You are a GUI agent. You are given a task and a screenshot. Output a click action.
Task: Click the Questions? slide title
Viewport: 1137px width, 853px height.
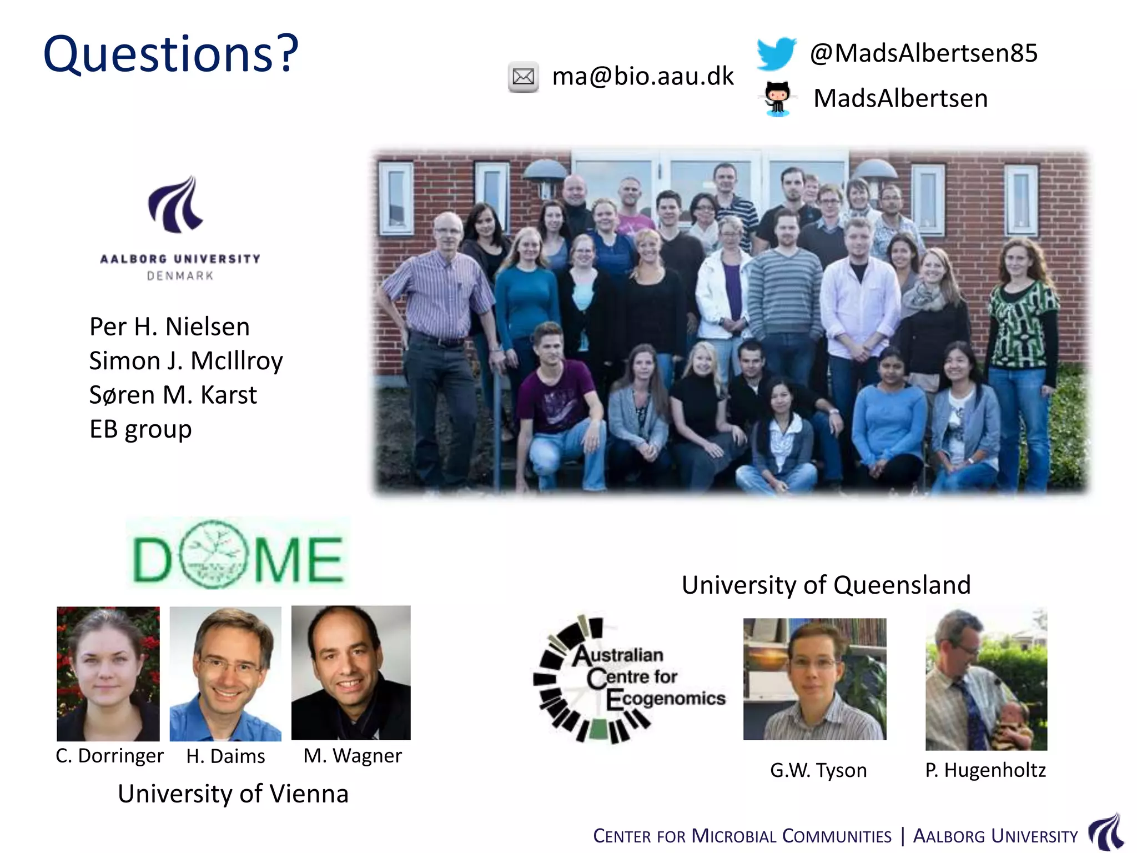[x=171, y=54]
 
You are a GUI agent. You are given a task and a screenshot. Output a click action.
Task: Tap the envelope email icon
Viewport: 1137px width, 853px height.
[x=523, y=77]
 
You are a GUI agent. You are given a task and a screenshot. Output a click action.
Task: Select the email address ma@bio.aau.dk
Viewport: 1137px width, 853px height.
[x=643, y=76]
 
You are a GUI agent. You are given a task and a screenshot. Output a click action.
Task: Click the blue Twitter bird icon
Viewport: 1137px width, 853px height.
[x=776, y=53]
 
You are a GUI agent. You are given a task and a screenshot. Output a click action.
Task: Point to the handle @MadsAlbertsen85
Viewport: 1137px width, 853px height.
[x=923, y=53]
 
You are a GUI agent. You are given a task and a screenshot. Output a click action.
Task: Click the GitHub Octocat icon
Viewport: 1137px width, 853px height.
[x=777, y=98]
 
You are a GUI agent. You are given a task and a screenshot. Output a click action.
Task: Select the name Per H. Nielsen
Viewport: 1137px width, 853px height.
[x=169, y=327]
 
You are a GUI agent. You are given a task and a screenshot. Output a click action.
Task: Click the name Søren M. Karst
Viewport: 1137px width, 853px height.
[x=173, y=395]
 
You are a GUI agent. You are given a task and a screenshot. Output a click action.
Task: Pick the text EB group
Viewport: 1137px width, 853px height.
[x=140, y=429]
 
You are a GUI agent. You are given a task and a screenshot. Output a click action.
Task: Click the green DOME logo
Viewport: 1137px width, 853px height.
[x=238, y=554]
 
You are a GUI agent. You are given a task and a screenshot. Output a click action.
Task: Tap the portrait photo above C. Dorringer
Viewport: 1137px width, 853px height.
[x=108, y=674]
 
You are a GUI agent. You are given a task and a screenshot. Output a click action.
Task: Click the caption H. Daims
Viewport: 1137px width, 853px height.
[x=225, y=756]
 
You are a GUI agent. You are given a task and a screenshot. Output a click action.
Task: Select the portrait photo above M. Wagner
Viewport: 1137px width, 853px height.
[x=351, y=673]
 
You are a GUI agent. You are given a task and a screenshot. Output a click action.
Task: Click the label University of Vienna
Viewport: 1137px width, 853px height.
[x=233, y=794]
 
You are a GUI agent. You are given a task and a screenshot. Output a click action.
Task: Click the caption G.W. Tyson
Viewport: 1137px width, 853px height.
[x=818, y=770]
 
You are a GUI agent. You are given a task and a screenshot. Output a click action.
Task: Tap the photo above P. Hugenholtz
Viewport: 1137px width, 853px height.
[x=986, y=680]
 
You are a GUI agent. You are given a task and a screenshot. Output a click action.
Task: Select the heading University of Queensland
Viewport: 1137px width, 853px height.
[x=826, y=585]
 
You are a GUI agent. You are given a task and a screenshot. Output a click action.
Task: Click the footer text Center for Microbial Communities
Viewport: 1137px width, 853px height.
[x=742, y=836]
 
